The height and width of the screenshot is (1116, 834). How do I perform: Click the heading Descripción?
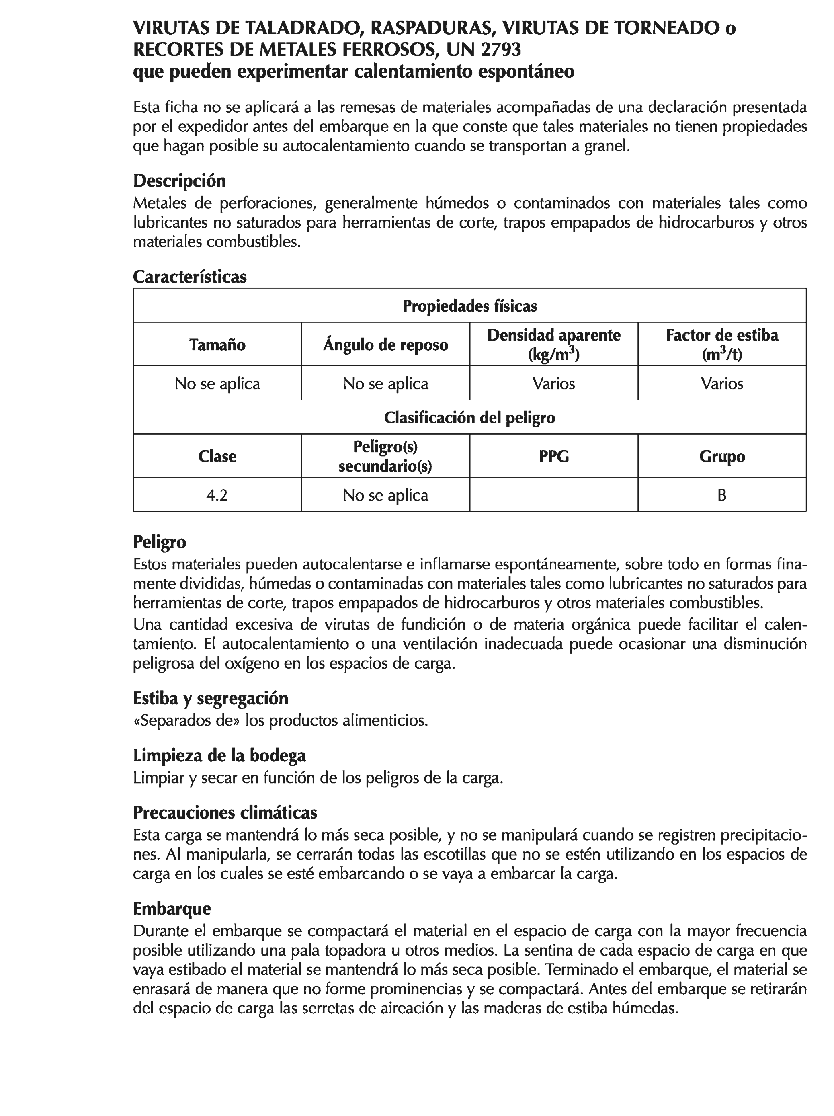tap(179, 181)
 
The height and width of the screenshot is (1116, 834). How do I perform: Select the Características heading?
tap(190, 277)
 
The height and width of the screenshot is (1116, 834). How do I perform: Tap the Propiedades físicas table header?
tap(469, 306)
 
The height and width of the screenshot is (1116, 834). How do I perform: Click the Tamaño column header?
tap(217, 345)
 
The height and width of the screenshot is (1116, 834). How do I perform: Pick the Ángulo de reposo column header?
tap(385, 345)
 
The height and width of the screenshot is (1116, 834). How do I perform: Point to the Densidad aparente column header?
tap(553, 344)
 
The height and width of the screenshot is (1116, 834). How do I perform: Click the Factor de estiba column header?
tap(721, 344)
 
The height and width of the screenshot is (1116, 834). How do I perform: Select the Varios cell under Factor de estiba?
tap(721, 384)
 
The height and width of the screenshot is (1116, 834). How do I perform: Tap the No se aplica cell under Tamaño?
tap(217, 384)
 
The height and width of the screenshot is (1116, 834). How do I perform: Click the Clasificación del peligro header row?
tap(469, 417)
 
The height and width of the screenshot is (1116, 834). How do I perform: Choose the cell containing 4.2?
tap(217, 495)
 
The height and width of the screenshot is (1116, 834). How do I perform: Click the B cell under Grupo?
tap(721, 495)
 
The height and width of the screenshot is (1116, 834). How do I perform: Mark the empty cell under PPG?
tap(553, 495)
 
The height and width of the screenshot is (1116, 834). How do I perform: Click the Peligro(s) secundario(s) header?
tap(385, 456)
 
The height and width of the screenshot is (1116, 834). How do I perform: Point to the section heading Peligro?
tap(160, 542)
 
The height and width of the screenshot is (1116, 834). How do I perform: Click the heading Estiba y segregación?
tap(210, 698)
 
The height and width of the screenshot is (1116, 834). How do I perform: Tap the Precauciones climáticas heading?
tap(225, 813)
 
